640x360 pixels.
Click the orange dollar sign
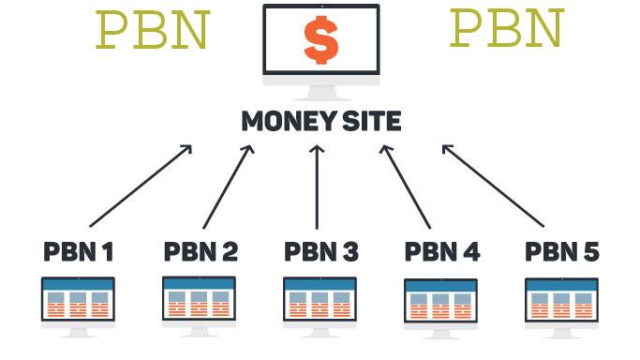click(320, 40)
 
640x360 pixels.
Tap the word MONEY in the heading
click(278, 122)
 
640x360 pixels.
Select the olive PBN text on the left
click(152, 30)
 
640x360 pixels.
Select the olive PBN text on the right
click(507, 28)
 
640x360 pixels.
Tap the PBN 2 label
click(200, 251)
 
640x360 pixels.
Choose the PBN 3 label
click(320, 251)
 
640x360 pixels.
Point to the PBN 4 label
click(441, 251)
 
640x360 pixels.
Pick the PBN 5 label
click(562, 251)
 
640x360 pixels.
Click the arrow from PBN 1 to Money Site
click(141, 185)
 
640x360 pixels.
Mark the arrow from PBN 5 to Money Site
click(493, 185)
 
